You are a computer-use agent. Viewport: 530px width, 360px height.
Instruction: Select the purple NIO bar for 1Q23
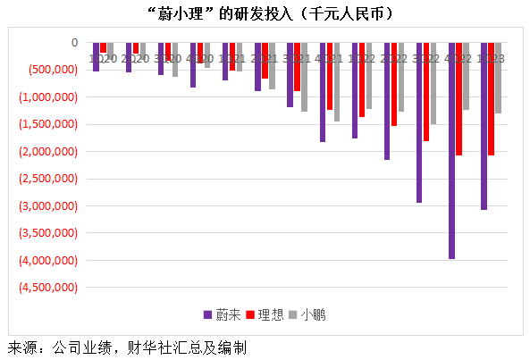[x=484, y=126]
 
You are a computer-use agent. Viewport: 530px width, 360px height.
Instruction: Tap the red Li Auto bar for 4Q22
[x=459, y=99]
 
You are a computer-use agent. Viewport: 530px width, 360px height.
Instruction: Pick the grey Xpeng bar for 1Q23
[x=498, y=78]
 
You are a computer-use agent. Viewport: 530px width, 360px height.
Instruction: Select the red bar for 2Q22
[x=394, y=84]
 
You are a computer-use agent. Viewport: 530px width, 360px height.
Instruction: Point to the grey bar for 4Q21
[x=337, y=81]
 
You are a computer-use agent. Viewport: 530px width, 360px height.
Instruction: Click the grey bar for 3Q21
[x=304, y=77]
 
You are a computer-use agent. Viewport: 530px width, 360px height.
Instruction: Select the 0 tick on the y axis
[x=74, y=42]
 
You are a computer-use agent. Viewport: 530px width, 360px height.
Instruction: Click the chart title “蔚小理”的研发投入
[x=265, y=15]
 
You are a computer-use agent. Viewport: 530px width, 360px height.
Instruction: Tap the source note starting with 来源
[x=126, y=347]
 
